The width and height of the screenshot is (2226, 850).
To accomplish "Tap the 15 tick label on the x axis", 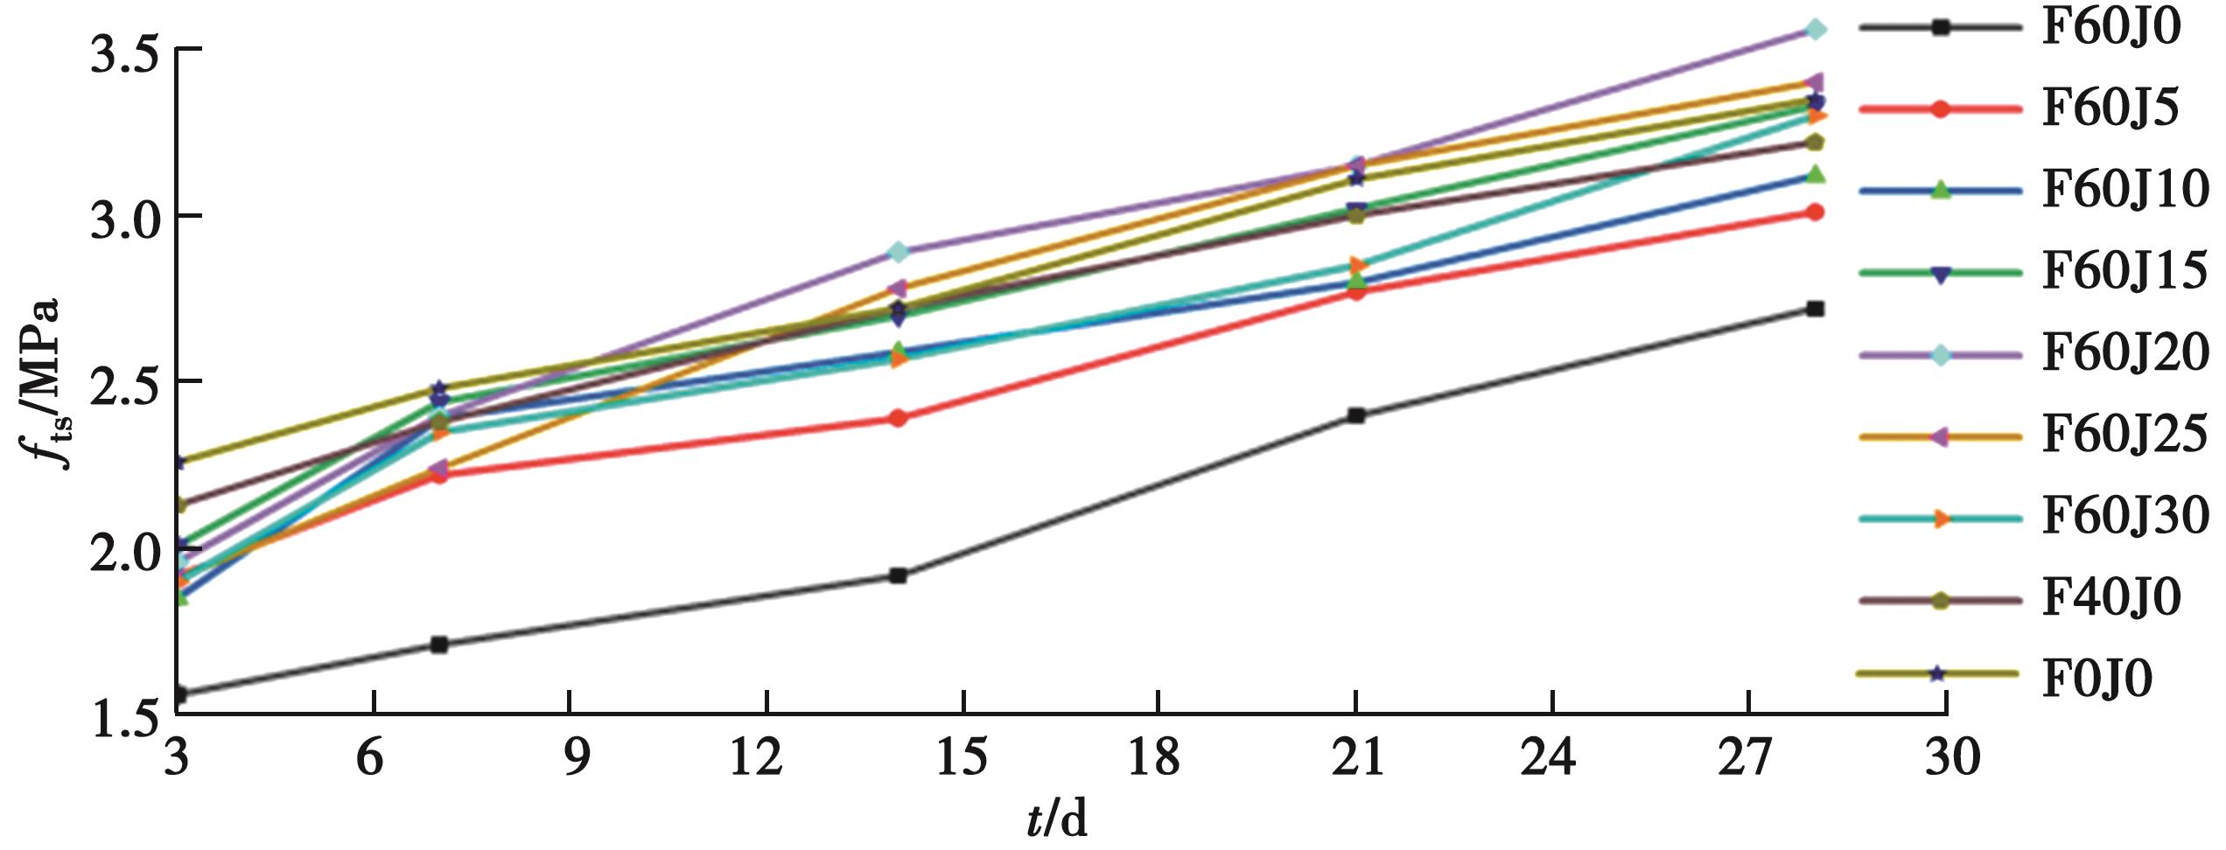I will [x=962, y=757].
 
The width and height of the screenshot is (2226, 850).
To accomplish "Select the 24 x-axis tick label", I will [x=1550, y=757].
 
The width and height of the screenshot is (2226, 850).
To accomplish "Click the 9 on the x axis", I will [x=570, y=757].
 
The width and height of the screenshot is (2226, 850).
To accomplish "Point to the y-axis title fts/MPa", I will [x=42, y=383].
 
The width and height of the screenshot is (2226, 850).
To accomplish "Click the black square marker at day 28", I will [x=1815, y=309].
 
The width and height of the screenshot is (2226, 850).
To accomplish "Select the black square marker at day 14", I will [x=898, y=575].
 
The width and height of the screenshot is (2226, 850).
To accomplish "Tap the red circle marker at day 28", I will [x=1815, y=212].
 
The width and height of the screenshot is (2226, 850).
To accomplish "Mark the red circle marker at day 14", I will [x=898, y=418].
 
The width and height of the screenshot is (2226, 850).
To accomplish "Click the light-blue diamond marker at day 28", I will [x=1815, y=30].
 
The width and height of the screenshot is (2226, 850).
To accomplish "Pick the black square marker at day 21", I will [x=1356, y=415].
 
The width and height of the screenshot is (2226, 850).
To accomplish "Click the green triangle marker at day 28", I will [x=1815, y=174].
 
